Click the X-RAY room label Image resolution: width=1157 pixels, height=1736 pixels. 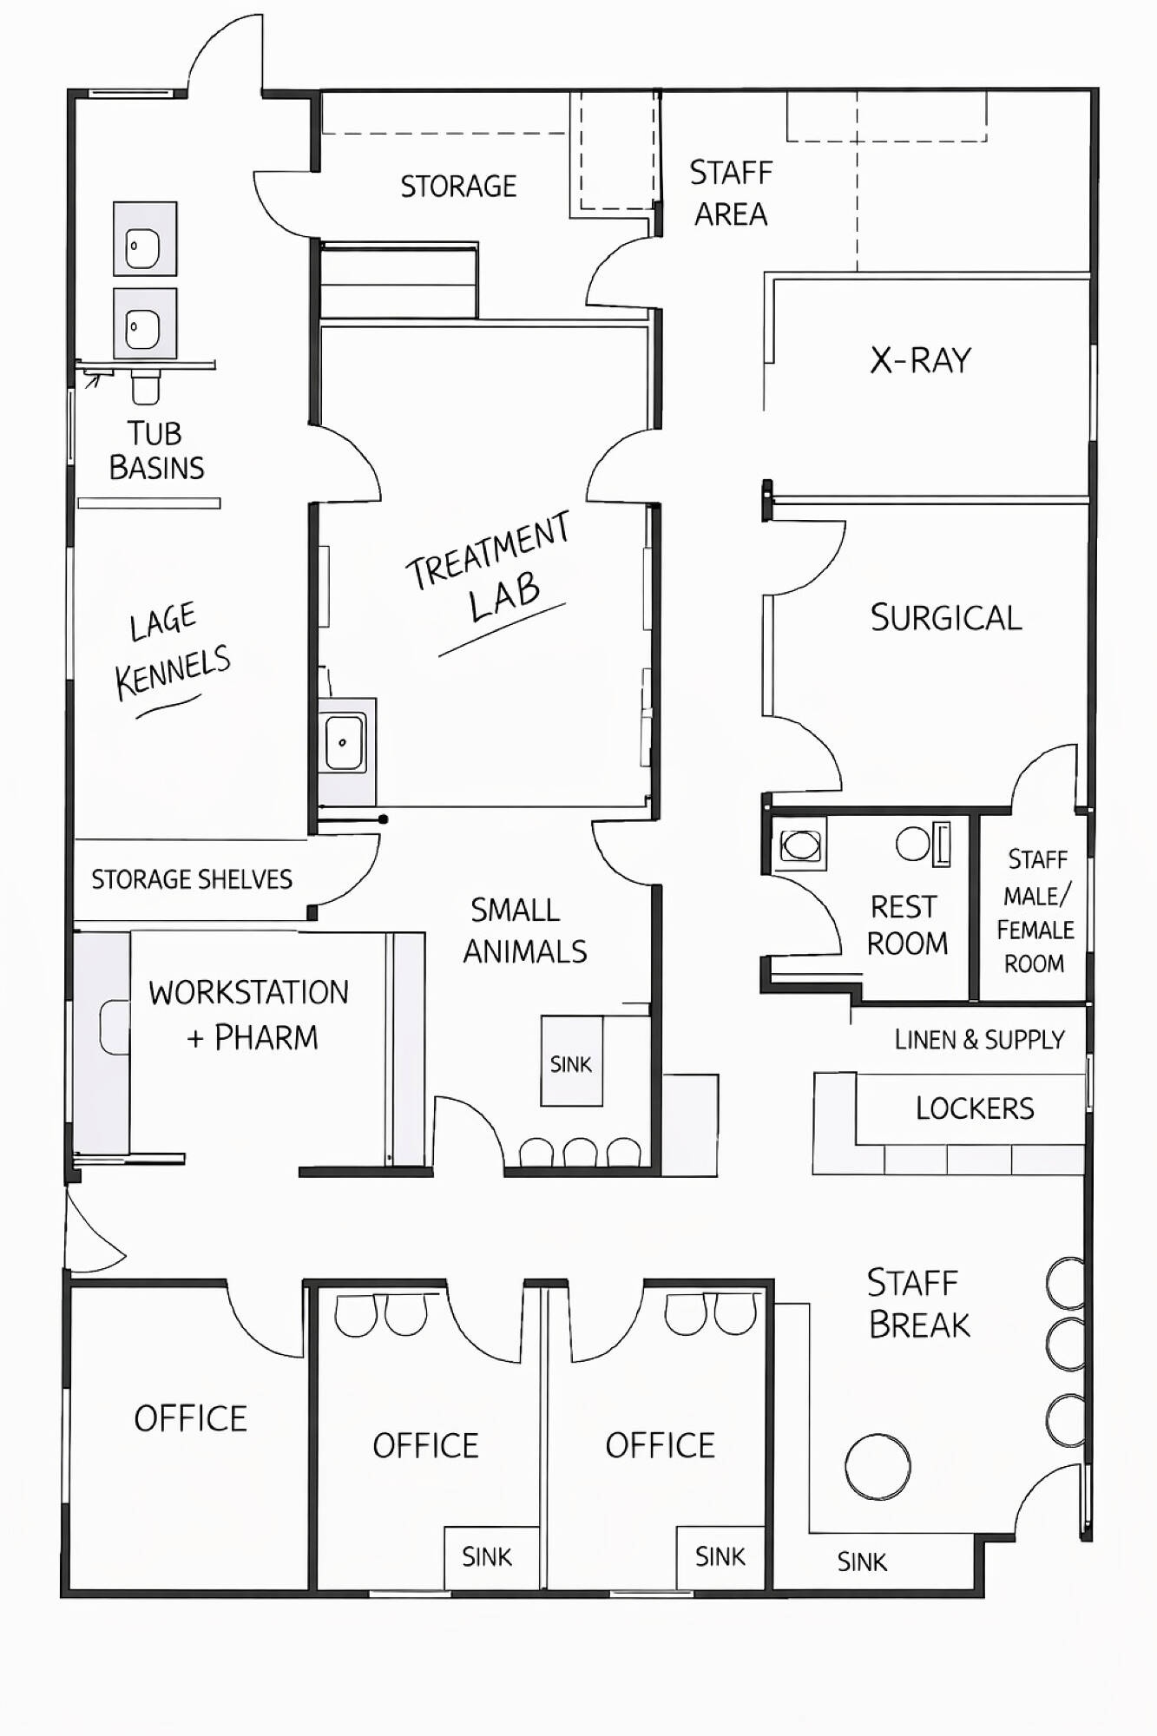[x=920, y=360]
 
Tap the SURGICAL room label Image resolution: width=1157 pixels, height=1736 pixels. [x=946, y=618]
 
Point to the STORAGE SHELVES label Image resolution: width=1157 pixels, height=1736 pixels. [x=192, y=879]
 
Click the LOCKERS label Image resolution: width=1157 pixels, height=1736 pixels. [x=975, y=1108]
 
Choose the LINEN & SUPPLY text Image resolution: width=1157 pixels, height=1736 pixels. [x=979, y=1039]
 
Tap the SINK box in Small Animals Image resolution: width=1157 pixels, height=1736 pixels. [x=571, y=1061]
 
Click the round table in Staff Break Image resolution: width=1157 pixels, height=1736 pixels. [x=878, y=1467]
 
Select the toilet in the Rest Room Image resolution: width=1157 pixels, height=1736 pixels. [x=799, y=845]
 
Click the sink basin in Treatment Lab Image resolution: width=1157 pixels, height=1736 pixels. [x=345, y=742]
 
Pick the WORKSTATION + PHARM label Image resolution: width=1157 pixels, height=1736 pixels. [x=249, y=1015]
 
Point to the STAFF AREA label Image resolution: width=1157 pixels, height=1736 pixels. [x=731, y=193]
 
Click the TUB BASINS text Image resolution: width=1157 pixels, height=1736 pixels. [x=156, y=450]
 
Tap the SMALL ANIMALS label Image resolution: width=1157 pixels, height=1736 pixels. [x=524, y=930]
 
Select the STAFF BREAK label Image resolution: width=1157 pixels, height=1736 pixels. [x=918, y=1304]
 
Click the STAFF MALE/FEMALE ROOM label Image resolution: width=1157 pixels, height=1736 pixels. [x=1035, y=911]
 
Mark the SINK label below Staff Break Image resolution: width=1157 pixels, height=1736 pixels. [x=862, y=1562]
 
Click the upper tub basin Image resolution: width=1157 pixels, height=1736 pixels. [x=145, y=239]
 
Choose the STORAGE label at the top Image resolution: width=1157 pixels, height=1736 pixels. [x=458, y=186]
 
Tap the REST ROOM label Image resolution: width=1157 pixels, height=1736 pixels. [x=906, y=925]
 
